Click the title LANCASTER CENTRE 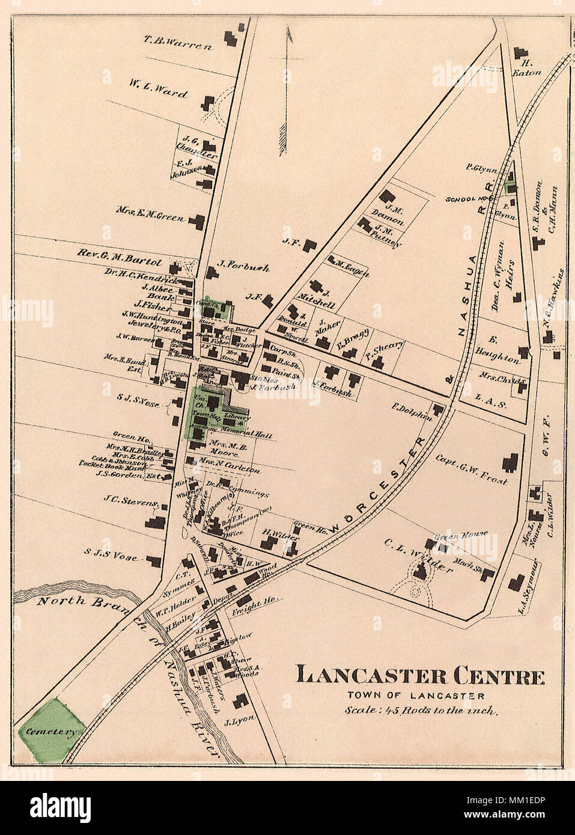point(421,676)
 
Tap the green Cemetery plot point(52,730)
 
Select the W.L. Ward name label point(157,89)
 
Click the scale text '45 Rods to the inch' point(421,711)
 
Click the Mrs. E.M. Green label point(151,215)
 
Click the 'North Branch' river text point(78,600)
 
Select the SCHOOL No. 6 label point(469,198)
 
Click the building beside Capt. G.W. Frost point(511,461)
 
